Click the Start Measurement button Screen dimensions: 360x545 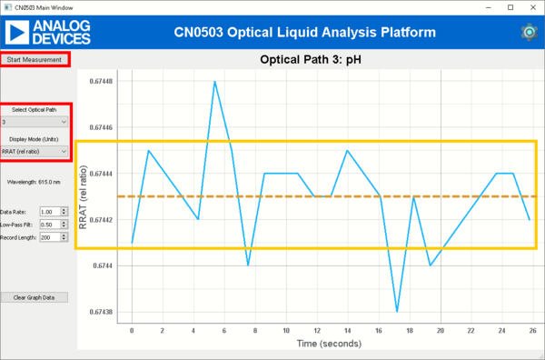pyautogui.click(x=35, y=60)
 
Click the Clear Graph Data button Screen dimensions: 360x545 pyautogui.click(x=35, y=296)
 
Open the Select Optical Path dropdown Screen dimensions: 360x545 pyautogui.click(x=35, y=121)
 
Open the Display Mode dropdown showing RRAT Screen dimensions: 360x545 pyautogui.click(x=35, y=151)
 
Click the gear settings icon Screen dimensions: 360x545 pyautogui.click(x=528, y=33)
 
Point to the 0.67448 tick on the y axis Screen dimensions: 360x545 pyautogui.click(x=101, y=81)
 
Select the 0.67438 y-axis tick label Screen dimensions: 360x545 pyautogui.click(x=101, y=312)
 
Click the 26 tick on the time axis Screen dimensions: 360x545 pyautogui.click(x=530, y=330)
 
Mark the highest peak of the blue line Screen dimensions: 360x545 pyautogui.click(x=214, y=82)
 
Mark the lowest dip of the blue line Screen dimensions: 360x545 pyautogui.click(x=397, y=311)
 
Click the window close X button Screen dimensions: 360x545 pyautogui.click(x=532, y=6)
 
